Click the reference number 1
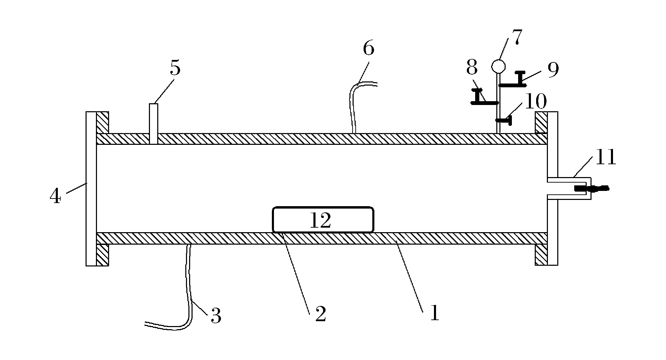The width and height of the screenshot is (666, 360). [x=434, y=314]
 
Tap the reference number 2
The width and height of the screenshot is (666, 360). [x=321, y=314]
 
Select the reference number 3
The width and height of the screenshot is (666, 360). [x=216, y=316]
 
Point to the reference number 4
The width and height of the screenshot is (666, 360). [x=55, y=197]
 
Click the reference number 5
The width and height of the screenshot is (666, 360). [x=175, y=68]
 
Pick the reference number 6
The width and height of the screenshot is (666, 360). [x=368, y=49]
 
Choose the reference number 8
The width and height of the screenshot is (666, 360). [x=472, y=68]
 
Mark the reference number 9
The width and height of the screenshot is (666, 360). [x=553, y=70]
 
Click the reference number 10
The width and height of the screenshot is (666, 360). [x=536, y=102]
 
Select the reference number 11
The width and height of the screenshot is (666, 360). [x=606, y=157]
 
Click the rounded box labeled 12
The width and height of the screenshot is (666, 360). [x=323, y=220]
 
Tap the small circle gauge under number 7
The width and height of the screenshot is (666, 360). [x=498, y=66]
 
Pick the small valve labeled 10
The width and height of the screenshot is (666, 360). [x=505, y=121]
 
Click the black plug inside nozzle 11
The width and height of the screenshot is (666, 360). [x=590, y=189]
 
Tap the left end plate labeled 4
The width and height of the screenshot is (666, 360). [x=91, y=188]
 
